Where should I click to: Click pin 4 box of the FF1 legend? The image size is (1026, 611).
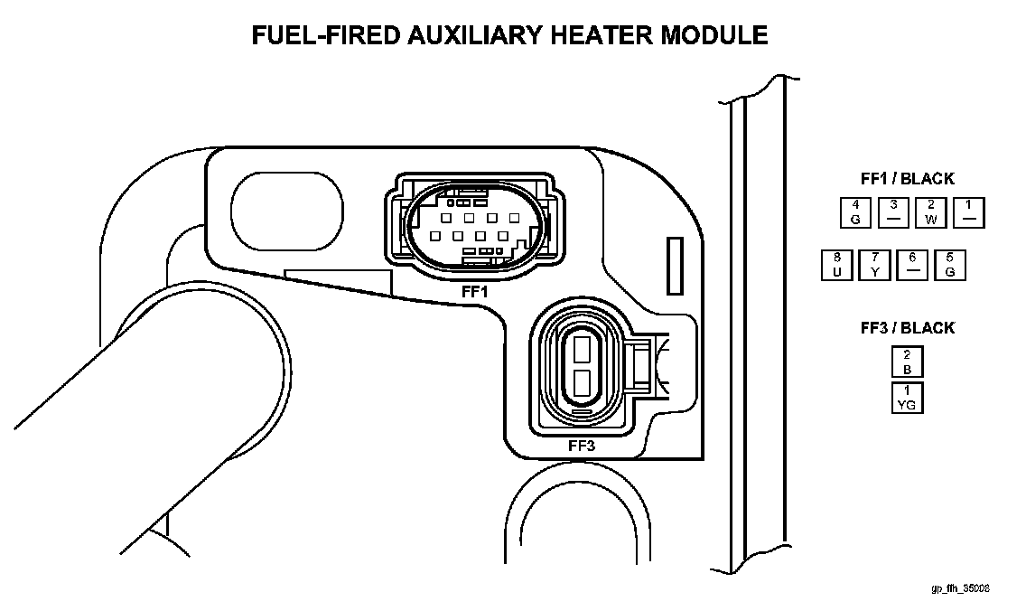(854, 212)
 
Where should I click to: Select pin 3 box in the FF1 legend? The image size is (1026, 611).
(893, 212)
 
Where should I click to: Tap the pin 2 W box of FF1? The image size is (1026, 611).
(930, 212)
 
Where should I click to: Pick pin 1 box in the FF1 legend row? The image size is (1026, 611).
(968, 212)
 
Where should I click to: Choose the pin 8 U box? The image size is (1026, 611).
(837, 265)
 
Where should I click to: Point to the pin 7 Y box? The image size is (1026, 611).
(874, 265)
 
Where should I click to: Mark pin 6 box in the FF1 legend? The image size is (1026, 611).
(912, 265)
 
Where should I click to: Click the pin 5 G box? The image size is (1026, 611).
(950, 265)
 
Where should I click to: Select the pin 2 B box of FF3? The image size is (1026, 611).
(907, 362)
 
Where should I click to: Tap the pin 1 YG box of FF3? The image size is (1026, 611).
(907, 398)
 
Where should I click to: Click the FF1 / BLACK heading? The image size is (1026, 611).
(907, 179)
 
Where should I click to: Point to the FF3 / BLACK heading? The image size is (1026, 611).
(907, 327)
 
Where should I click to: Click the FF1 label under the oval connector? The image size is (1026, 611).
(473, 292)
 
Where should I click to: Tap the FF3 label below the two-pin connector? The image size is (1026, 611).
(582, 445)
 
